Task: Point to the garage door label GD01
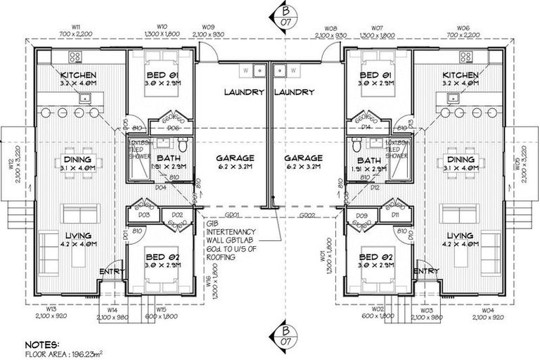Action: click(231, 214)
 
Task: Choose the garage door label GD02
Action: click(307, 214)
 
